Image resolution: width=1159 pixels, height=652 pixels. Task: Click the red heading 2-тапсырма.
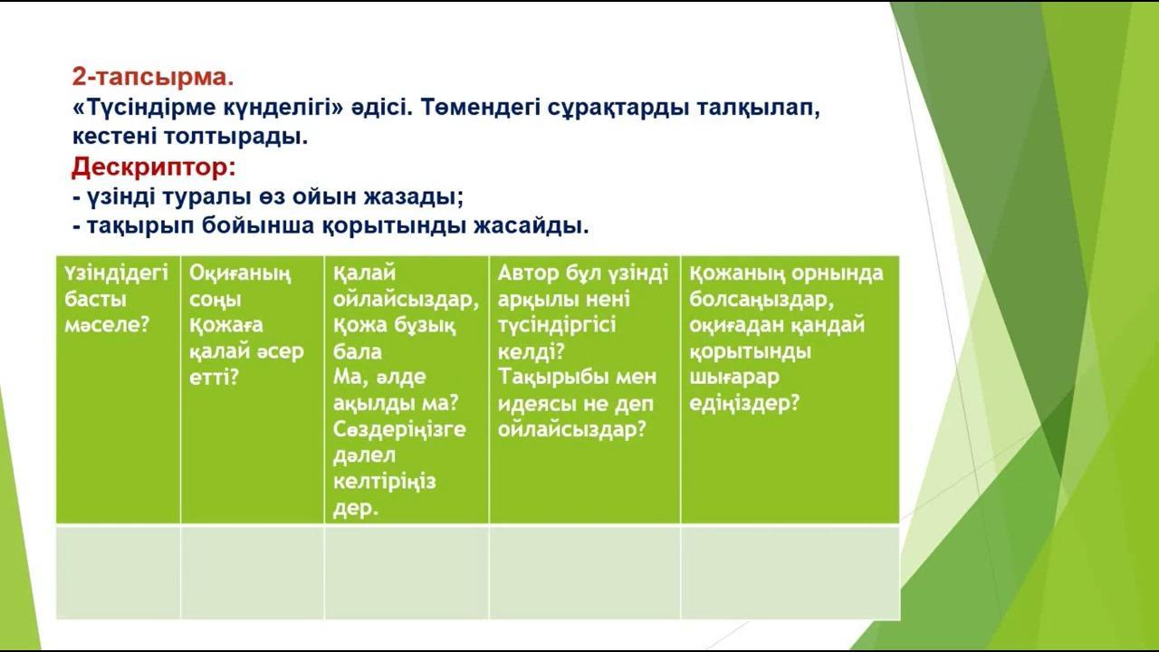click(153, 77)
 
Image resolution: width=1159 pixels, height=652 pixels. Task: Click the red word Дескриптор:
click(154, 167)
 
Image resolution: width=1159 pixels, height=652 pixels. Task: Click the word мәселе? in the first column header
click(107, 325)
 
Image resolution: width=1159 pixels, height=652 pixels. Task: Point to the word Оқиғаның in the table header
click(240, 273)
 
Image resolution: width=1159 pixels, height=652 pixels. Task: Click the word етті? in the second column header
click(214, 378)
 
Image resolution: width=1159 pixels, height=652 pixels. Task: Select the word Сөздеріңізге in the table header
click(399, 430)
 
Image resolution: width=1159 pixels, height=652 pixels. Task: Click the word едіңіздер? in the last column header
click(744, 403)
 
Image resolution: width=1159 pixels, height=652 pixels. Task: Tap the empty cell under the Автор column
click(585, 571)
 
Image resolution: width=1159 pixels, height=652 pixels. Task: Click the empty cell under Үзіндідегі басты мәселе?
click(118, 571)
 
